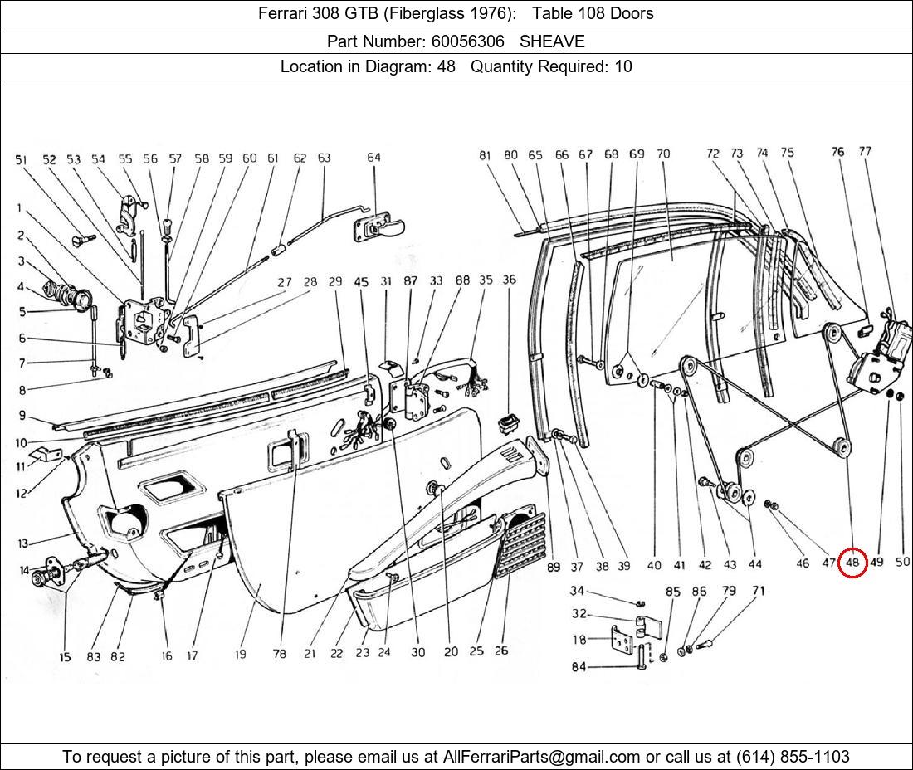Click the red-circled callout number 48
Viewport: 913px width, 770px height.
852,563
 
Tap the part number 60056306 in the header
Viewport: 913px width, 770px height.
467,41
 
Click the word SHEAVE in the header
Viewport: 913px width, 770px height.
552,41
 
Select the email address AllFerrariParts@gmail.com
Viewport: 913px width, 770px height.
541,757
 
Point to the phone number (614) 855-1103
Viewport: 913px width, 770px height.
793,757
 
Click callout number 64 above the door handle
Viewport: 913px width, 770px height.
373,157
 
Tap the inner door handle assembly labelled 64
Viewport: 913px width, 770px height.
378,227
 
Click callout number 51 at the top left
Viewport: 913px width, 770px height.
22,159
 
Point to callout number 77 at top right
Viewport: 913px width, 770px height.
865,151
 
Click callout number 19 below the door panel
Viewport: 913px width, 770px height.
241,654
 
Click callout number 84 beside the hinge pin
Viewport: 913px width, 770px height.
579,666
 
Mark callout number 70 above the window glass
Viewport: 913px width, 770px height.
663,154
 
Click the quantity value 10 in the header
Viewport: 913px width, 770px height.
623,66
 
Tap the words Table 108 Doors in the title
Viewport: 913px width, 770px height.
593,13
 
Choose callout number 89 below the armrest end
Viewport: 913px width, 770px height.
553,566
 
